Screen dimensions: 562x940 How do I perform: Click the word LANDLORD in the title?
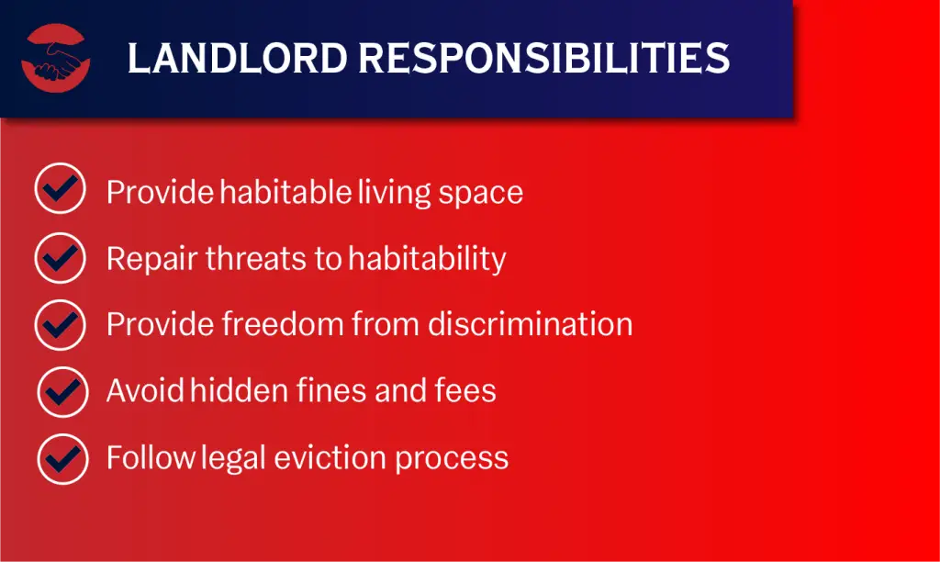click(236, 59)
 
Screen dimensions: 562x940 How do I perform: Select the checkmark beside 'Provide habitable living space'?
click(61, 190)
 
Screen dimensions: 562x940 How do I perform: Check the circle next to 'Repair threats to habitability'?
click(61, 257)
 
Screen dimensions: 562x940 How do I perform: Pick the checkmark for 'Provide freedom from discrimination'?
click(61, 324)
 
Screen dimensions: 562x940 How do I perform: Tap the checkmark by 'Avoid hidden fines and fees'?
click(62, 391)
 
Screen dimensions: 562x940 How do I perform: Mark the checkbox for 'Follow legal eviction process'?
click(62, 457)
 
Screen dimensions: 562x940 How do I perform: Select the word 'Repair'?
click(151, 259)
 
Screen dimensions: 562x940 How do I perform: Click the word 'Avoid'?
click(145, 391)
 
